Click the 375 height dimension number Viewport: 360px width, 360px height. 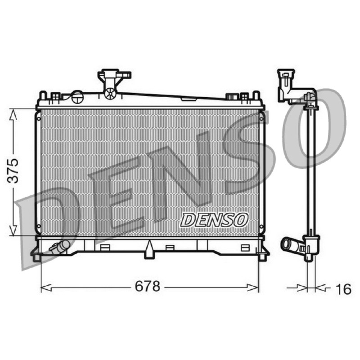tap(13, 171)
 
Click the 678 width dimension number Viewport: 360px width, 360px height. tap(148, 287)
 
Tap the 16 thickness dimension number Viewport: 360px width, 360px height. tap(343, 289)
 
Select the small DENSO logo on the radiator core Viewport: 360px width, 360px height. tap(215, 220)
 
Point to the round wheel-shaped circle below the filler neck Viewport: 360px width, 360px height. tap(110, 94)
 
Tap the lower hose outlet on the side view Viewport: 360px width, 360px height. tap(290, 245)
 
